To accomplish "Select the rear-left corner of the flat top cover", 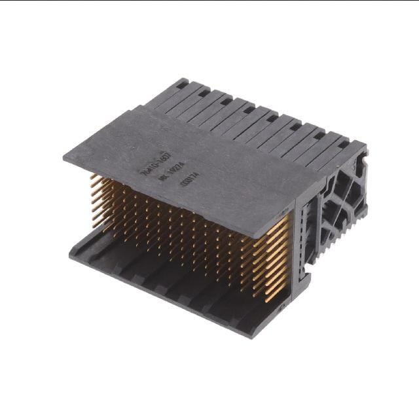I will (137, 109).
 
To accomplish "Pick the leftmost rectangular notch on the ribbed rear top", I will (181, 83).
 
